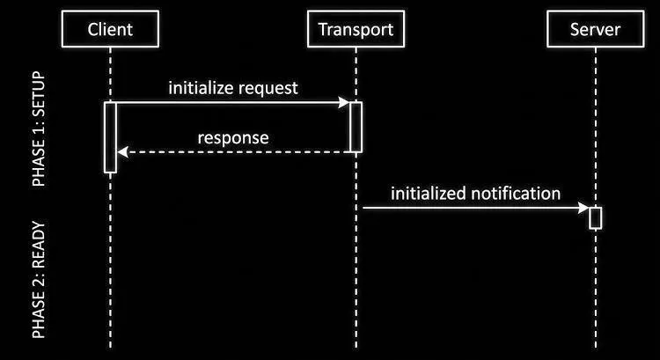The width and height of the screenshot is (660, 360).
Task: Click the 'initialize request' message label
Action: pyautogui.click(x=233, y=88)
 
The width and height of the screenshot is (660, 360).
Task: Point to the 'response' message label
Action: pyautogui.click(x=233, y=138)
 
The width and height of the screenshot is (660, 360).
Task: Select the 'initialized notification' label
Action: pyautogui.click(x=475, y=194)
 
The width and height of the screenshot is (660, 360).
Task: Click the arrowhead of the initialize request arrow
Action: pyautogui.click(x=344, y=102)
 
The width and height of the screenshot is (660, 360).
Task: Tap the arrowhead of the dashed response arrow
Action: pyautogui.click(x=122, y=152)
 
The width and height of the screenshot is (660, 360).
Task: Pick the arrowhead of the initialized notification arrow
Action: pyautogui.click(x=583, y=208)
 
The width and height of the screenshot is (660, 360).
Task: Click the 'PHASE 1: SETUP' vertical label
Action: pyautogui.click(x=39, y=129)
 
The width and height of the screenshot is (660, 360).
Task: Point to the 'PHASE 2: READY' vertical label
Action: pyautogui.click(x=39, y=280)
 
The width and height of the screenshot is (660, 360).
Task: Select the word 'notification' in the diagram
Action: pyautogui.click(x=516, y=194)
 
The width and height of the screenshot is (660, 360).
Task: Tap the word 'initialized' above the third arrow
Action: pyautogui.click(x=429, y=194)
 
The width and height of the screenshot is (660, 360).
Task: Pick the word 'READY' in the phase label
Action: pyautogui.click(x=39, y=244)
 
